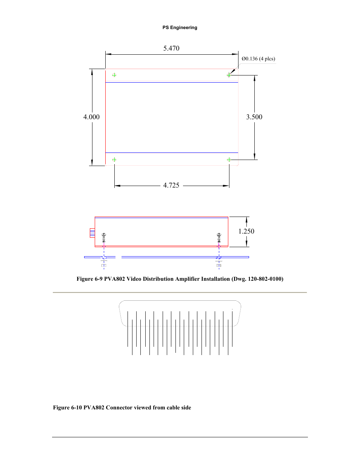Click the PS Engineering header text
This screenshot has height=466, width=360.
pos(180,28)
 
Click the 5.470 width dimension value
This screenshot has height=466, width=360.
pos(171,48)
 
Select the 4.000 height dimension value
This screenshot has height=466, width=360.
pos(91,117)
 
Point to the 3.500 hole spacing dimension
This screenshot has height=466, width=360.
pos(254,117)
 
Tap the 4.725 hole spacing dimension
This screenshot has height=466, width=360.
pos(171,185)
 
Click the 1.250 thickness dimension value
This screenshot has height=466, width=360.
pos(246,231)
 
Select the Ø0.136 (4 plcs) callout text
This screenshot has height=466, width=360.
pos(258,59)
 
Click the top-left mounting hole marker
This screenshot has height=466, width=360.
pos(114,75)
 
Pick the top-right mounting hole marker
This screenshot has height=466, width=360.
pos(229,75)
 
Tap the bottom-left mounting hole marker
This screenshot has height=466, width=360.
pos(114,160)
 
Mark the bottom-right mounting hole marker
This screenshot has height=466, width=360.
pos(229,160)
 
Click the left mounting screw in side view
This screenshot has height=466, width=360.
pos(104,238)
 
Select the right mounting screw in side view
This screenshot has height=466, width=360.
pos(219,238)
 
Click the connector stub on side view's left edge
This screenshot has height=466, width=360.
pos(92,233)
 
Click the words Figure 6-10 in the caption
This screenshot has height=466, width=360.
pos(68,408)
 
